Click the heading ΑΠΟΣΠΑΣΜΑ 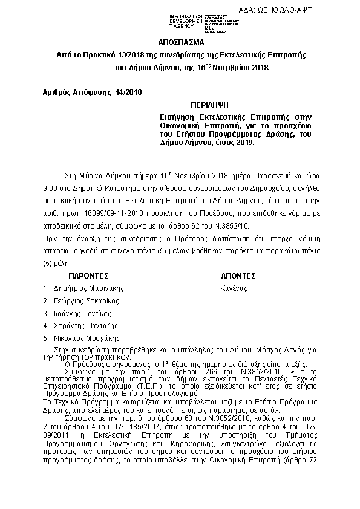point(182,44)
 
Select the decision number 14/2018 point(126,92)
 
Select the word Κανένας point(234,288)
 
